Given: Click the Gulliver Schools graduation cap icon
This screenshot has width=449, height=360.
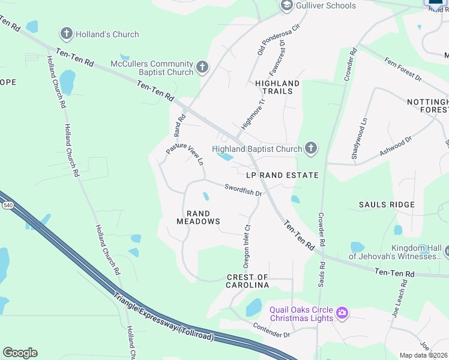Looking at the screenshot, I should (x=286, y=5).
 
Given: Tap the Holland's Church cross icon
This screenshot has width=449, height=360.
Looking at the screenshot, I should (x=67, y=34).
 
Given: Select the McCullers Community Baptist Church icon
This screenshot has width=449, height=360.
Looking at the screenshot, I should (x=202, y=68).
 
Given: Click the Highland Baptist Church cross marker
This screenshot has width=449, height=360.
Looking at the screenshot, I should (x=310, y=148).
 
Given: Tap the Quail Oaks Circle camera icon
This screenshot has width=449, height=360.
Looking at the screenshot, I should (x=342, y=313).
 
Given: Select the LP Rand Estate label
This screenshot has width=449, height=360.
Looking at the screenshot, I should (x=282, y=175).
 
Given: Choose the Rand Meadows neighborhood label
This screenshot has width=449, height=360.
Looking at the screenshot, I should (x=198, y=217).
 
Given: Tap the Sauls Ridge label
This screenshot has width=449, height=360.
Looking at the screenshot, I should (x=387, y=205).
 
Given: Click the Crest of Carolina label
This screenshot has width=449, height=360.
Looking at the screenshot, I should (x=247, y=281).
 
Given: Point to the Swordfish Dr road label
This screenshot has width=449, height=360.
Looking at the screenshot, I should (x=244, y=190).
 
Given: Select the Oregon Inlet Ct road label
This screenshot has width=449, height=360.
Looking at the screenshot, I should (x=246, y=245).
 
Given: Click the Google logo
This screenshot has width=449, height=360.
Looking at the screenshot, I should (x=20, y=353).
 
